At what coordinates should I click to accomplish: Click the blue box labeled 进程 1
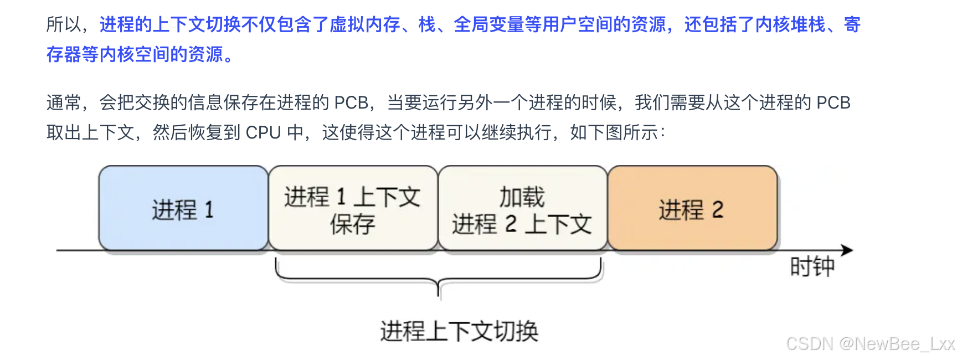tap(183, 209)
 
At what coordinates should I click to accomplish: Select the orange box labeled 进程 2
tap(692, 209)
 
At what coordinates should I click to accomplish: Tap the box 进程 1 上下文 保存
tap(353, 209)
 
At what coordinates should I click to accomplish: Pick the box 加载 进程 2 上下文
tap(522, 209)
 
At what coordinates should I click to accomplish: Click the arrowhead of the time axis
tap(847, 250)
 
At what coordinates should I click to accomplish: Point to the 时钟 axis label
tap(812, 268)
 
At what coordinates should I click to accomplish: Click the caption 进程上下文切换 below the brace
tap(459, 331)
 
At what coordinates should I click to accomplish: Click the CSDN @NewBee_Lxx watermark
tap(870, 344)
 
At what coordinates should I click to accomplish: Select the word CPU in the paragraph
tap(263, 132)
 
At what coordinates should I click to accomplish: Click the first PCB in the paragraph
tap(351, 103)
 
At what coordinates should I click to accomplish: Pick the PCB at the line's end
tap(833, 103)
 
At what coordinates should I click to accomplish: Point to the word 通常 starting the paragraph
tap(64, 103)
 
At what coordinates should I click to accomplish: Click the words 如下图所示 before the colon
tap(614, 132)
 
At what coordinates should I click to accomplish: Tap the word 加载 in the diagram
tap(522, 197)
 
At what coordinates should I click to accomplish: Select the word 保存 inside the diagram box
tap(352, 224)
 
